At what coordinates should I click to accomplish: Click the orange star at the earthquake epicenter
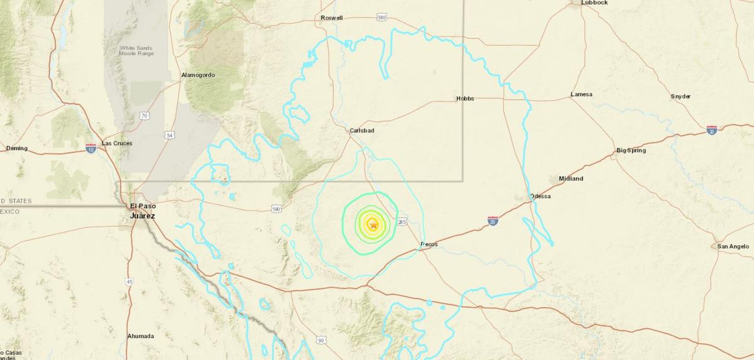pyautogui.click(x=373, y=224)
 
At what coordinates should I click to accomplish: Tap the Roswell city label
pyautogui.click(x=332, y=18)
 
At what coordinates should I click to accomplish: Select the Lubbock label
pyautogui.click(x=594, y=3)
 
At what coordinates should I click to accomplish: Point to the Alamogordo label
pyautogui.click(x=198, y=75)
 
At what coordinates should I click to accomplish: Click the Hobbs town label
pyautogui.click(x=465, y=99)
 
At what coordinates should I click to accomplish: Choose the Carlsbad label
pyautogui.click(x=363, y=131)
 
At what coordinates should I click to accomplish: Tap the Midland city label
pyautogui.click(x=571, y=178)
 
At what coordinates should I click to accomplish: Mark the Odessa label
pyautogui.click(x=540, y=196)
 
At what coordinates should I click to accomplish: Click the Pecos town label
pyautogui.click(x=429, y=244)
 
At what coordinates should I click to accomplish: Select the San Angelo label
pyautogui.click(x=733, y=246)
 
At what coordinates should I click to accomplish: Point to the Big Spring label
pyautogui.click(x=631, y=150)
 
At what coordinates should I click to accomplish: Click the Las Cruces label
pyautogui.click(x=117, y=143)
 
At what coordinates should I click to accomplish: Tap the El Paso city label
pyautogui.click(x=141, y=206)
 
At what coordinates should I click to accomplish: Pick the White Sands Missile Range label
pyautogui.click(x=136, y=50)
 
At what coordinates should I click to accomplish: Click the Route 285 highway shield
pyautogui.click(x=403, y=221)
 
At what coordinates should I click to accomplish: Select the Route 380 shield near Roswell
pyautogui.click(x=382, y=18)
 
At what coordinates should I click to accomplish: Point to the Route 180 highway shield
pyautogui.click(x=276, y=209)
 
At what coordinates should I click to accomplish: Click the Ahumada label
pyautogui.click(x=141, y=336)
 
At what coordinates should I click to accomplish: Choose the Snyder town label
pyautogui.click(x=680, y=96)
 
